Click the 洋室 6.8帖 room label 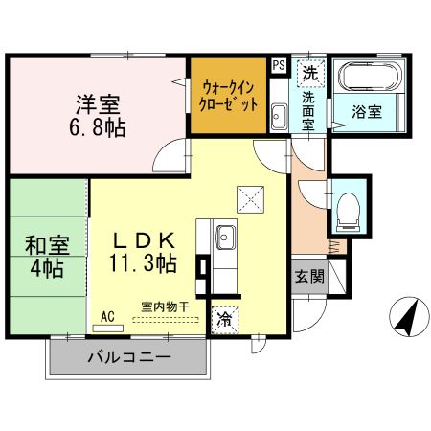(x=100, y=113)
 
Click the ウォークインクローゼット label (x=229, y=95)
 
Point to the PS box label (x=279, y=65)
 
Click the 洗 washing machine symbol (x=309, y=71)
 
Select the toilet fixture (x=349, y=206)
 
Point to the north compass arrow (x=409, y=317)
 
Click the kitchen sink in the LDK (x=224, y=236)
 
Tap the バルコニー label (x=129, y=358)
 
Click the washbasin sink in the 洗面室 (x=279, y=118)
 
